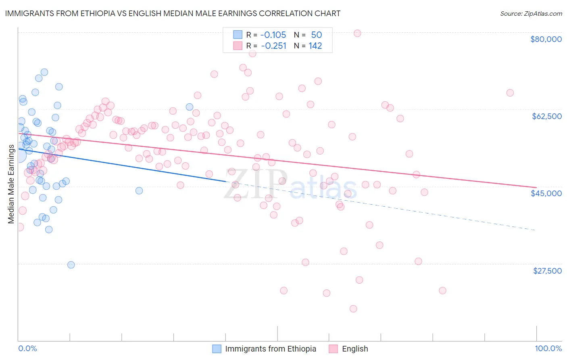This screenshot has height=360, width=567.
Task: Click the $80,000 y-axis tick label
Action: [546, 39]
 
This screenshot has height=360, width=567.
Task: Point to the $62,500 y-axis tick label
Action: [546, 116]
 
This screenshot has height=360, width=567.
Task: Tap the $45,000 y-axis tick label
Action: [546, 193]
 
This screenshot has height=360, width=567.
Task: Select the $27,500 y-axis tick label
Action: [547, 271]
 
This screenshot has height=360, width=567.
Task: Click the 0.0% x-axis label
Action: [27, 348]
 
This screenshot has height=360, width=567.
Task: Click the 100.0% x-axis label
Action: [548, 348]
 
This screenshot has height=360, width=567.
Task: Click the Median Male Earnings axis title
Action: [11, 184]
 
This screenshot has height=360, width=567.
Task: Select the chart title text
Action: [173, 13]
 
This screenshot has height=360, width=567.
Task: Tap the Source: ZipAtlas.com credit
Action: [531, 13]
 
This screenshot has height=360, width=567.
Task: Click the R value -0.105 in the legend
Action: [273, 35]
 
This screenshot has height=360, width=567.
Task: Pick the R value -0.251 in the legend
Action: [273, 46]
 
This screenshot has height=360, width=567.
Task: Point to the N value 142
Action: [315, 46]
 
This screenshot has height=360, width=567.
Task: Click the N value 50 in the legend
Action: [316, 35]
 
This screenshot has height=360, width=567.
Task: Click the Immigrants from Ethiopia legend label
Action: [270, 349]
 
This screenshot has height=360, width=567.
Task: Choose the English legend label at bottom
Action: [355, 349]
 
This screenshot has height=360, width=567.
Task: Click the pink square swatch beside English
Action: [333, 349]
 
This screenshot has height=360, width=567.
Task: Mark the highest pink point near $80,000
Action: [357, 33]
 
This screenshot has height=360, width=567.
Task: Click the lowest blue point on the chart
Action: [71, 265]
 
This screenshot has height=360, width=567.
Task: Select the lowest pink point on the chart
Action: [353, 309]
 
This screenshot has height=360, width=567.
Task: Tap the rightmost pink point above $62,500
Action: [510, 93]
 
